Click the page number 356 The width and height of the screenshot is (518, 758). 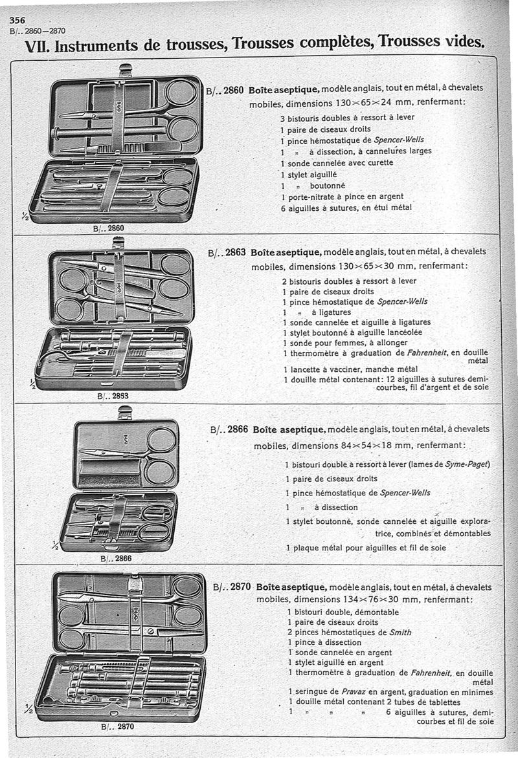pos(18,20)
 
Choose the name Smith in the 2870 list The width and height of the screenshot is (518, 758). pos(400,632)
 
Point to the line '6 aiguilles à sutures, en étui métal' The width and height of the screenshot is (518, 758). pos(346,208)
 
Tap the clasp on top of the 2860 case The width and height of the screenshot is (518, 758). pos(126,70)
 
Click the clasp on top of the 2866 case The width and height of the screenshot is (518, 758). pos(125,412)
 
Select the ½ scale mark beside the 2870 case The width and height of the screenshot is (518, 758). pos(28,708)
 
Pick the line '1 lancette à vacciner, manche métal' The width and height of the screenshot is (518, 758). pos(350,369)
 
